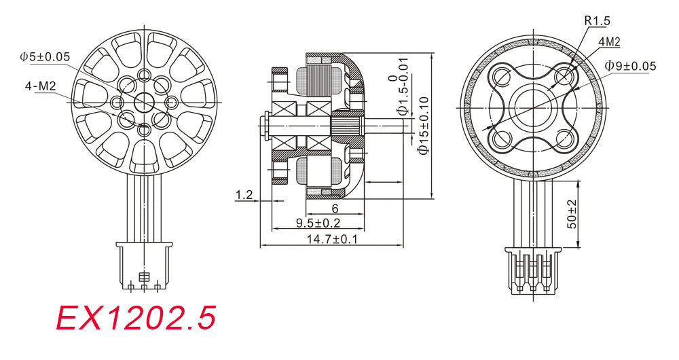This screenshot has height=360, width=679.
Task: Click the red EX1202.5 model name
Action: coord(136,318)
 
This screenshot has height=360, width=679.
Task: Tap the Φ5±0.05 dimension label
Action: coord(45,57)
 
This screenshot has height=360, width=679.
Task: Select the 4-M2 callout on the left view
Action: coord(40,86)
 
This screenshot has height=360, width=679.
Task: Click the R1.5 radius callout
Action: coord(597,20)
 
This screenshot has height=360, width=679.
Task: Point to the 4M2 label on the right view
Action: coord(609,42)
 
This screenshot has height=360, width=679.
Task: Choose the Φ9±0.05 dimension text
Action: coord(631,66)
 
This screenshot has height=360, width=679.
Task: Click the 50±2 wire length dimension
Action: coord(572,215)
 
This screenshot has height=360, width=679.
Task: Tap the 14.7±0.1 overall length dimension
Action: coord(332,238)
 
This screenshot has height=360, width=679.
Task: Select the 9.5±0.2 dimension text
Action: coord(318,223)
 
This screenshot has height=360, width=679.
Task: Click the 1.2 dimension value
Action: coord(244,195)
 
